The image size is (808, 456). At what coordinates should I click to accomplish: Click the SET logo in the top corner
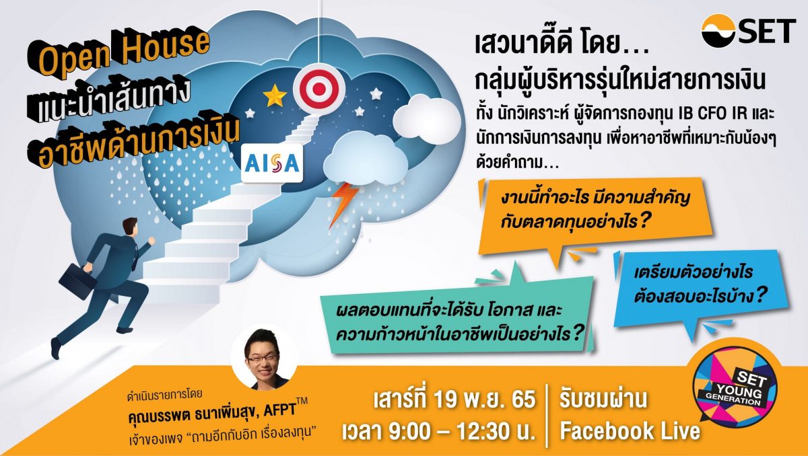pyautogui.click(x=749, y=32)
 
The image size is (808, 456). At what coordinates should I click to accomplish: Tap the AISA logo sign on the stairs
pyautogui.click(x=272, y=163)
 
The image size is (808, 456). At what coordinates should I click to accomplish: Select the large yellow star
pyautogui.click(x=275, y=95)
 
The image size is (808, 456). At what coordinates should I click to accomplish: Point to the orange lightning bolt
pyautogui.click(x=342, y=204)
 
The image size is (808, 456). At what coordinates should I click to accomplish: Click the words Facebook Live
pyautogui.click(x=630, y=430)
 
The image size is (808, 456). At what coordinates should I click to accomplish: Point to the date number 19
pyautogui.click(x=447, y=400)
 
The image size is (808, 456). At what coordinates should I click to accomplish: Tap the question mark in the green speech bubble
pyautogui.click(x=576, y=333)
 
